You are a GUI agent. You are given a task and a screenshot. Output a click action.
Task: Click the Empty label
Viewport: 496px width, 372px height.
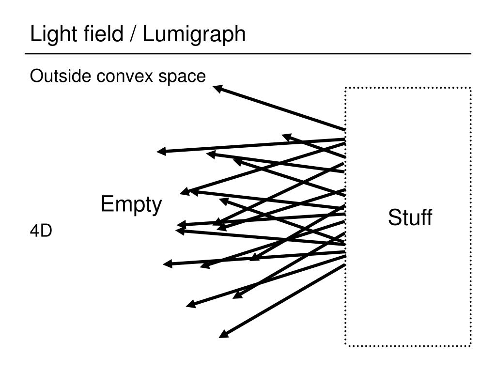point(131,204)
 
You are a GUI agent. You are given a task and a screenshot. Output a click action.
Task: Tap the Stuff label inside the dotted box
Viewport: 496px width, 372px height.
point(409,217)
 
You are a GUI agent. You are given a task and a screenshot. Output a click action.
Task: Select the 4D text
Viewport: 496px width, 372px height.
point(41,232)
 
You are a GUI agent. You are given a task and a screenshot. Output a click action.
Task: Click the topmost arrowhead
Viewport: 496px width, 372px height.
point(217,88)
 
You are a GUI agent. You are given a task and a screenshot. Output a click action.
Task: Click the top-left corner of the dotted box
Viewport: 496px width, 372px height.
point(345,88)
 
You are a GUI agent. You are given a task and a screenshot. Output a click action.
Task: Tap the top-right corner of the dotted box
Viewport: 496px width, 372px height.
point(470,88)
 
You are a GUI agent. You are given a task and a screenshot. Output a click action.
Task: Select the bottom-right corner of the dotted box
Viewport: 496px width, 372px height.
point(470,345)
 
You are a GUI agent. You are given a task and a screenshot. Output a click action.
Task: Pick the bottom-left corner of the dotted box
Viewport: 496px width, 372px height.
point(345,345)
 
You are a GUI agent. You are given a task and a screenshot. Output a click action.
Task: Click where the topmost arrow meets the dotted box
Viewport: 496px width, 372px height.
point(345,130)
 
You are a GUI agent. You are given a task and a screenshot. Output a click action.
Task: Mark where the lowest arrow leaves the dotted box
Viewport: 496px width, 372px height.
point(345,264)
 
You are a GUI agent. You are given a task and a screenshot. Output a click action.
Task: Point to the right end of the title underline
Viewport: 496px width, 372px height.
point(471,53)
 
